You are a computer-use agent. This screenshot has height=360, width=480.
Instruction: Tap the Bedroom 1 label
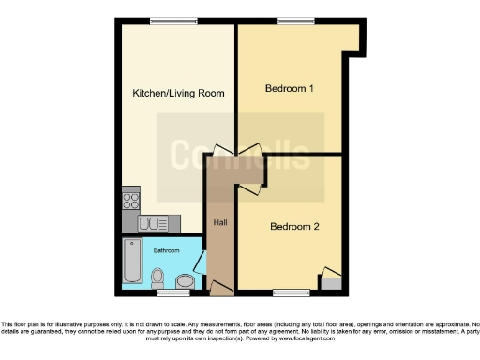click(288, 88)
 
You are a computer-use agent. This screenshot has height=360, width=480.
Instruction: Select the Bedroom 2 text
click(294, 226)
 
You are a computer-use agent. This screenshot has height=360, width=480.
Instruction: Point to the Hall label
click(220, 222)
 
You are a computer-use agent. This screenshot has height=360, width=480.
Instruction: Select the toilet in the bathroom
click(158, 277)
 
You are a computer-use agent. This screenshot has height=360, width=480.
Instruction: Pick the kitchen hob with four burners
click(131, 202)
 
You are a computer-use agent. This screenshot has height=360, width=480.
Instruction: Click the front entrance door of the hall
click(221, 285)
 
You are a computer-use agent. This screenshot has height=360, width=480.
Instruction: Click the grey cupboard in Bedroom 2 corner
click(332, 279)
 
